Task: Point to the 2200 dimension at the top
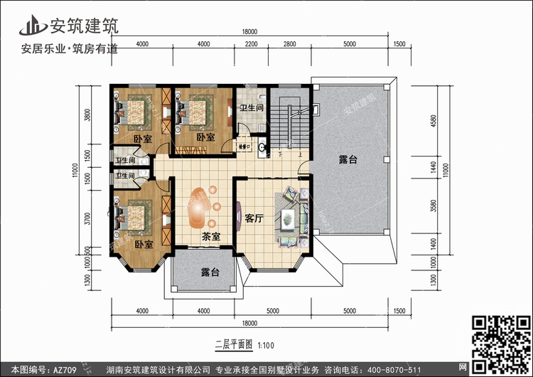[x=251, y=44]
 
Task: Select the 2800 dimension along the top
[x=289, y=44]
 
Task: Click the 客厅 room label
[x=254, y=218]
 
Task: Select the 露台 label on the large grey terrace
[x=348, y=162]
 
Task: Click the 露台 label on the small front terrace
[x=209, y=272]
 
